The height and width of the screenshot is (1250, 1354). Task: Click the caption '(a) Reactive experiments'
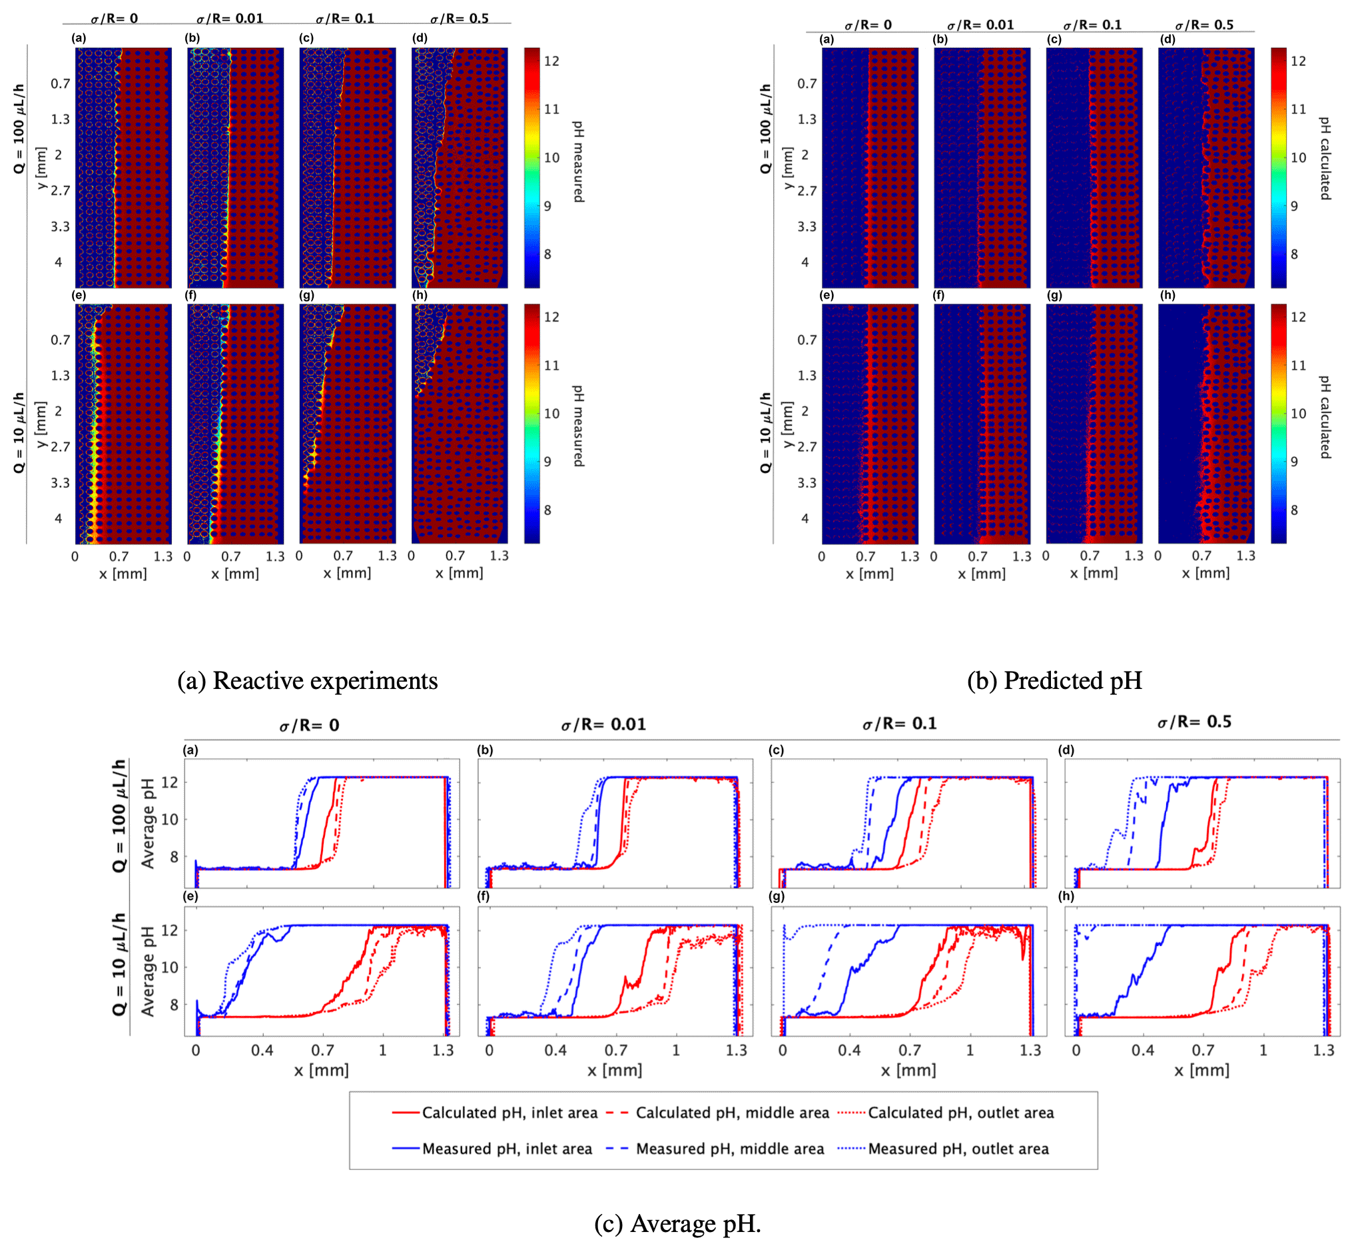click(308, 680)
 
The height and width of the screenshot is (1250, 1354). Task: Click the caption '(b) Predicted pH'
click(1054, 680)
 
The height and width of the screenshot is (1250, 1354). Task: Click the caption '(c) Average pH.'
click(677, 1223)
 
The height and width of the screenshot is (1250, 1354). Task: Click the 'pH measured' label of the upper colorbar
click(578, 162)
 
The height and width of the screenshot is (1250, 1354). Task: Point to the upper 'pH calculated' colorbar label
click(1325, 159)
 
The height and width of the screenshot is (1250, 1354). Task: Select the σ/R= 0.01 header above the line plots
click(603, 724)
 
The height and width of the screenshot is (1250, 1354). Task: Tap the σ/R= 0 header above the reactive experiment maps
click(115, 18)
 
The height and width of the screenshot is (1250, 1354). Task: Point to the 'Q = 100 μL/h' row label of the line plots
click(120, 816)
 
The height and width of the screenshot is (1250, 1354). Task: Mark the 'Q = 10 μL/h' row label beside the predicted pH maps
click(765, 433)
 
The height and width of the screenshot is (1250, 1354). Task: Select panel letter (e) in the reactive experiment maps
click(79, 296)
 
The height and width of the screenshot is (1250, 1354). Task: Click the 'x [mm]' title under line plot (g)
click(908, 1070)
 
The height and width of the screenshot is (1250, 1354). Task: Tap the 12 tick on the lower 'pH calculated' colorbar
click(1298, 317)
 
